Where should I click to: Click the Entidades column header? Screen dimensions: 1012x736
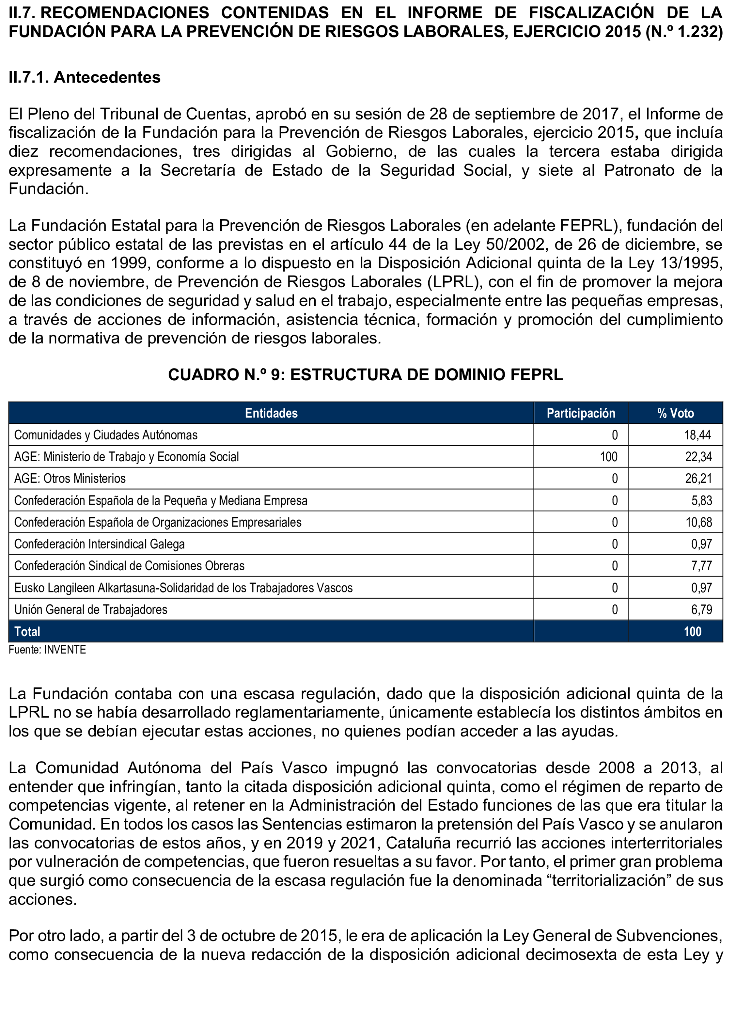tap(271, 413)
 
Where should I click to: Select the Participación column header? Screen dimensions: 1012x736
tap(580, 413)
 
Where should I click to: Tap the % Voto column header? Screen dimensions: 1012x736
tap(676, 413)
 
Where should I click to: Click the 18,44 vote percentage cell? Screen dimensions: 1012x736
tap(698, 435)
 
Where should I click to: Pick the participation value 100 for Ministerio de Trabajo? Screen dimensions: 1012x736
tap(609, 457)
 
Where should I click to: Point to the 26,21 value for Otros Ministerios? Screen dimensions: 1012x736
tap(698, 479)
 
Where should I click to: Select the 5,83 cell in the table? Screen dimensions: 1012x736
tap(702, 501)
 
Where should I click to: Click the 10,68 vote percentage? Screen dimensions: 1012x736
tap(698, 522)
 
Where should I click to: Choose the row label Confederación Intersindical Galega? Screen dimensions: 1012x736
tap(99, 544)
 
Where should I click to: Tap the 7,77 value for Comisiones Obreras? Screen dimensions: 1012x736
tap(702, 566)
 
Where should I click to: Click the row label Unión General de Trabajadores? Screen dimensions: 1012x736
tap(91, 610)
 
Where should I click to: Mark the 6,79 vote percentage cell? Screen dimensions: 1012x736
tap(702, 610)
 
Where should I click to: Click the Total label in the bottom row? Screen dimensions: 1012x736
tap(27, 632)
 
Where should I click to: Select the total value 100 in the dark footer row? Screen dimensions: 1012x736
tap(692, 632)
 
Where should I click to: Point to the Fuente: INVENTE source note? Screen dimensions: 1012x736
tap(47, 650)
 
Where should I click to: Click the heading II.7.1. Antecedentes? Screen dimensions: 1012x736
tap(85, 78)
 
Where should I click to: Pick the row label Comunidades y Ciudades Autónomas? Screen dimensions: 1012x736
tap(106, 435)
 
